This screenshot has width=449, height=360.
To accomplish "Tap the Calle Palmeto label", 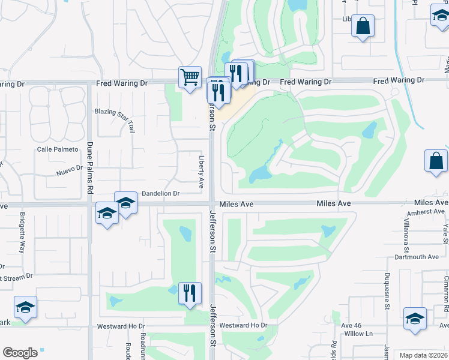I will tap(58, 149).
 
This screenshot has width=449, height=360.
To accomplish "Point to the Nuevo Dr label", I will tap(69, 170).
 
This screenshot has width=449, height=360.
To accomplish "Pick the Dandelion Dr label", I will tap(160, 194).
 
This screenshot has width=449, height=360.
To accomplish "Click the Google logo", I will tap(20, 353).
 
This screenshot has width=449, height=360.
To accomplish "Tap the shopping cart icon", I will tap(190, 77).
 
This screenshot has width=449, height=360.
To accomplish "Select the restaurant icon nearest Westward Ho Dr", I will tap(190, 293).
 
